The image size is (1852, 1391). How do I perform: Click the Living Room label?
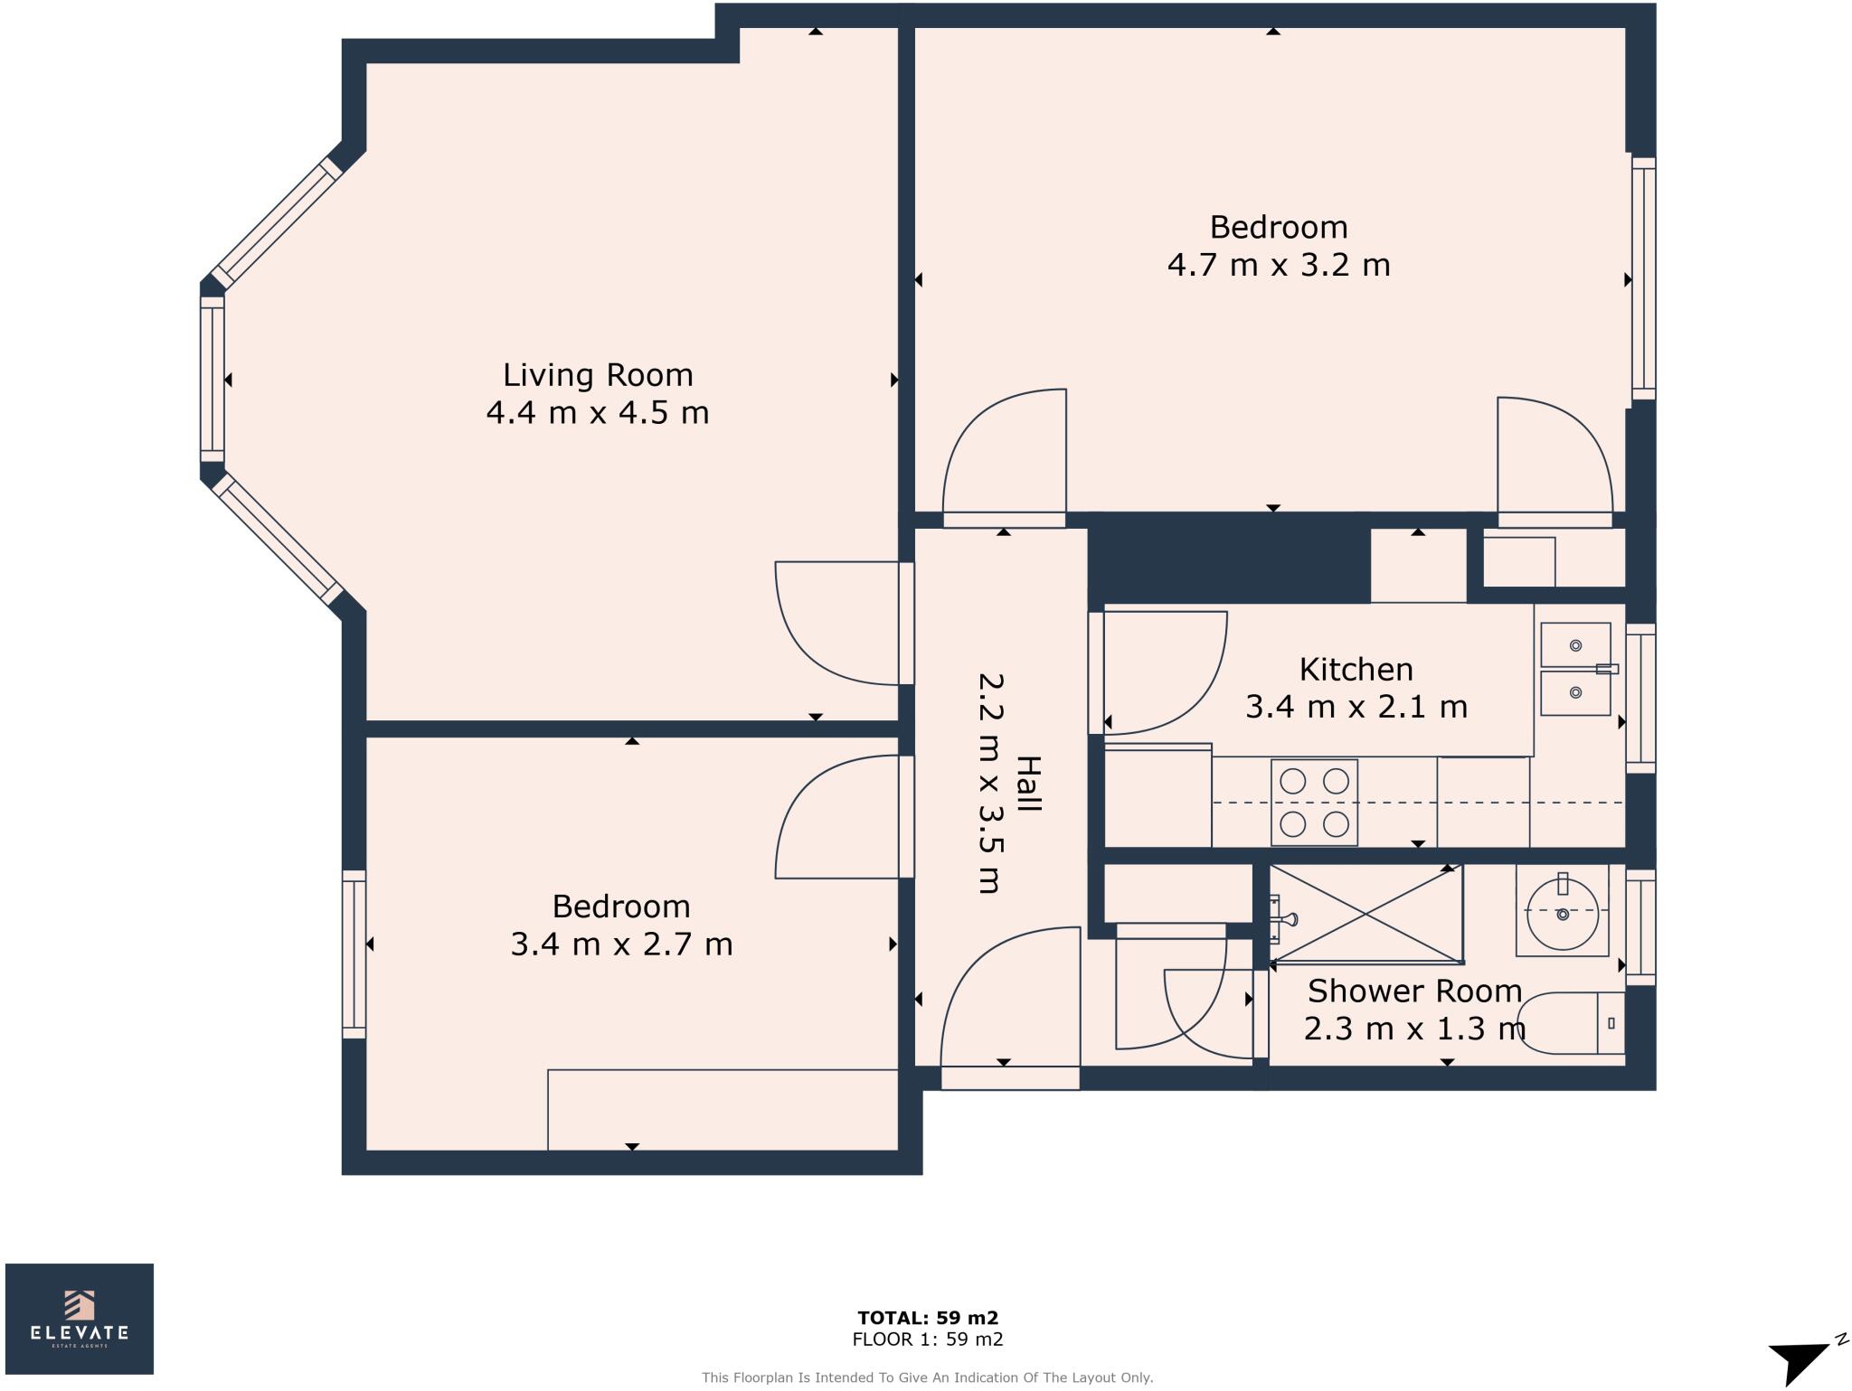click(598, 374)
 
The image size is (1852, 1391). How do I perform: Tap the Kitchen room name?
click(1356, 670)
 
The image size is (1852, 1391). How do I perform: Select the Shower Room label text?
click(1414, 992)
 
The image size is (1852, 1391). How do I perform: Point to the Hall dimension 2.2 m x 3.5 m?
click(990, 783)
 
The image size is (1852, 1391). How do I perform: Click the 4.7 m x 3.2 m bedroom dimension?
click(1279, 265)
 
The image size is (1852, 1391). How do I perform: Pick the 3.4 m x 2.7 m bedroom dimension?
click(621, 945)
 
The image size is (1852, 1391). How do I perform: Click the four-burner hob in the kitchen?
click(1314, 803)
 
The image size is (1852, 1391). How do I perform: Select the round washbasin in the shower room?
click(1562, 913)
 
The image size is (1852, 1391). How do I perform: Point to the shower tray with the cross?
click(1366, 913)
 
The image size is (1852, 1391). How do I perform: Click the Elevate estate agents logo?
click(80, 1319)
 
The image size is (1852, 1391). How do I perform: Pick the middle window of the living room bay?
click(212, 380)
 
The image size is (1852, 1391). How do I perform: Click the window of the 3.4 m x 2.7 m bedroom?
click(354, 954)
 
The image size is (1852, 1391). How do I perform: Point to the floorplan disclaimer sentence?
click(928, 1378)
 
